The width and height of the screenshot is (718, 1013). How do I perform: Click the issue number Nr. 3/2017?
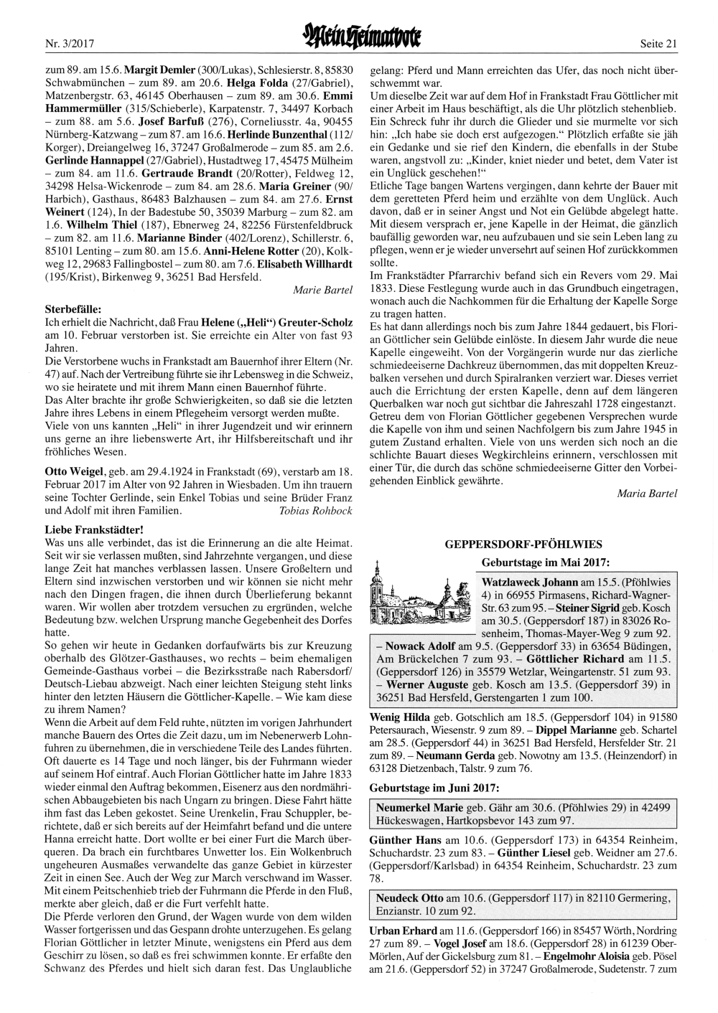pyautogui.click(x=70, y=44)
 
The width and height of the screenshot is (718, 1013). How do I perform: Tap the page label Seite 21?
pyautogui.click(x=658, y=44)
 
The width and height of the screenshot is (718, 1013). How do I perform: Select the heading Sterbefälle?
pyautogui.click(x=73, y=309)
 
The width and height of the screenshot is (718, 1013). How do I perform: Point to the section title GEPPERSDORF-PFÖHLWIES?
pyautogui.click(x=523, y=545)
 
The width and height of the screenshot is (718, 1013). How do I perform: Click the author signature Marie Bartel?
pyautogui.click(x=322, y=290)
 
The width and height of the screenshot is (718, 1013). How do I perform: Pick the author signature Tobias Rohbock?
pyautogui.click(x=315, y=511)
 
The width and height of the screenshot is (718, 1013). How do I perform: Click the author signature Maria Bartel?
pyautogui.click(x=646, y=494)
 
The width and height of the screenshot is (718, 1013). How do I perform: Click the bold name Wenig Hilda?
pyautogui.click(x=399, y=717)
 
